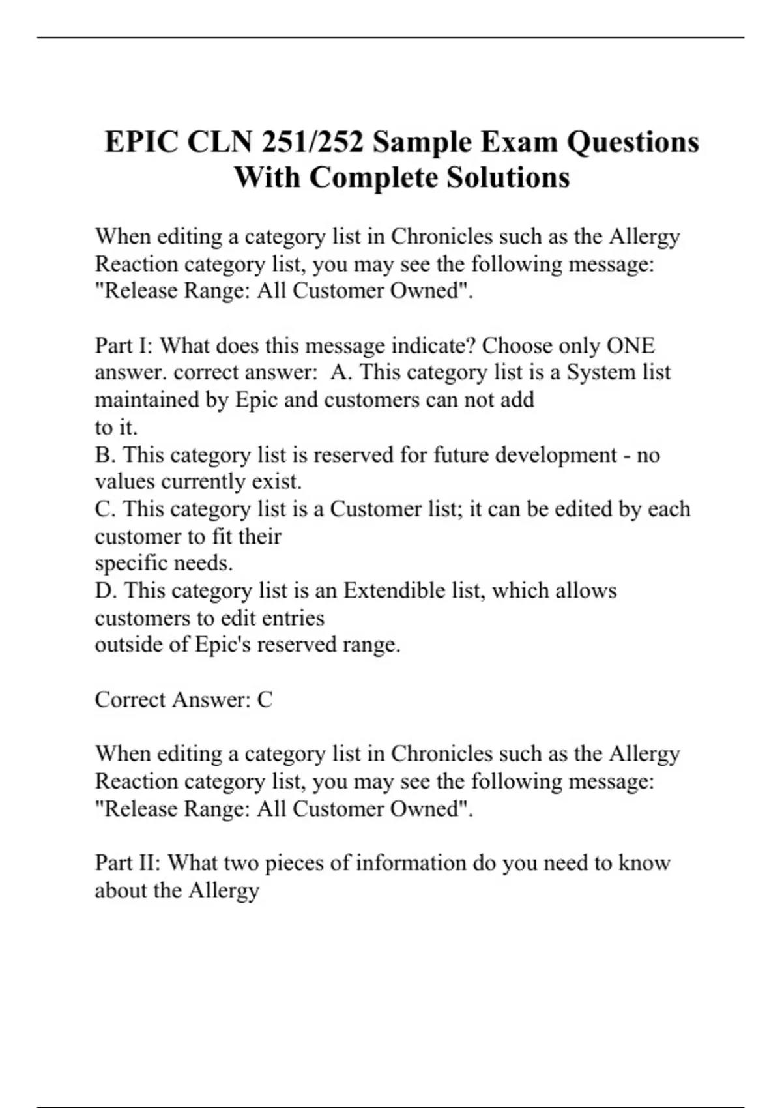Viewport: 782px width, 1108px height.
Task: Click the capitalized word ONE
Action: [630, 345]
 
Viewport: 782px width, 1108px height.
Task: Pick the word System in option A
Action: [597, 372]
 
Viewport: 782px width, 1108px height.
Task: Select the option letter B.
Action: [104, 454]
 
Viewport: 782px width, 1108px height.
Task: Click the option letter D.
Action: [104, 590]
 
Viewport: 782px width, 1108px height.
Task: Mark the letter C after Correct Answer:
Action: [265, 699]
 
